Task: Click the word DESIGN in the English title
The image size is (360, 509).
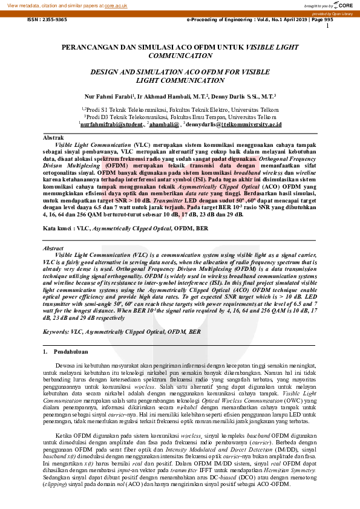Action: (105, 71)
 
